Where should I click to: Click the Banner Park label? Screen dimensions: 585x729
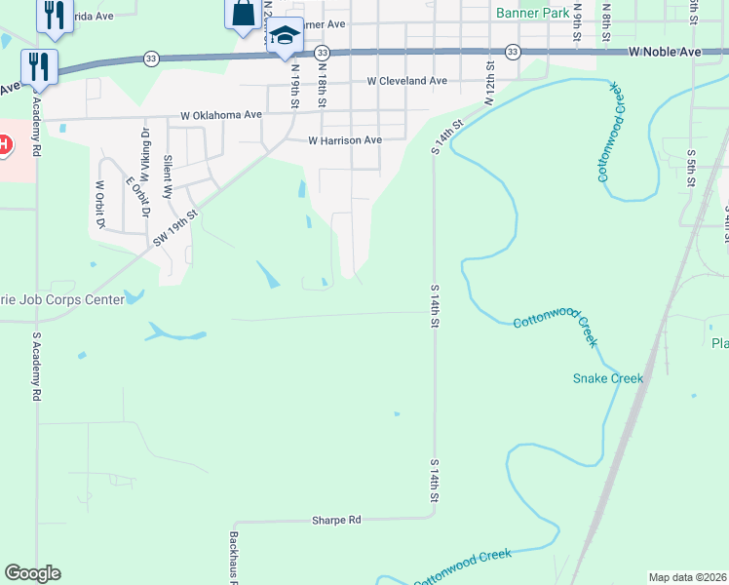point(531,14)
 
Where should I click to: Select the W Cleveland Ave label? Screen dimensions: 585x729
point(406,81)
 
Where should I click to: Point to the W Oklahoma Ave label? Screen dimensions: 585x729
point(221,115)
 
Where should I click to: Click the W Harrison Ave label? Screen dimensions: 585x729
point(345,140)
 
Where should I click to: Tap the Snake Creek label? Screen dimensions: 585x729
point(608,378)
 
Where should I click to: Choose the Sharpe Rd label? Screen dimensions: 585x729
point(336,521)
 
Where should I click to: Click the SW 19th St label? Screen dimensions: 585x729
point(175,226)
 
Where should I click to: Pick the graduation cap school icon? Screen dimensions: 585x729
point(285,37)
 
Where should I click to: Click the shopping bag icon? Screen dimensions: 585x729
point(241,14)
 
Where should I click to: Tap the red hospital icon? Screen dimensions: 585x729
point(5,145)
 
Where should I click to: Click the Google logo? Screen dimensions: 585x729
point(32,573)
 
